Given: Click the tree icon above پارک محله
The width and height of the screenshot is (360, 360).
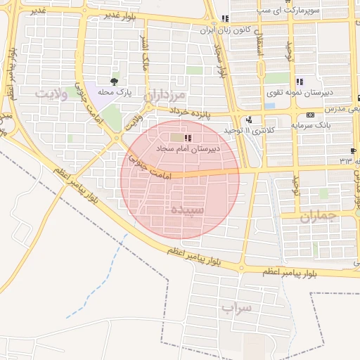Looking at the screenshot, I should coord(115,82).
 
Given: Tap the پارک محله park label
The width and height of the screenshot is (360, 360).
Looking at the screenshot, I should coord(115,92).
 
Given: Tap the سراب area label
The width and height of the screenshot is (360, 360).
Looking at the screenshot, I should coord(236,308).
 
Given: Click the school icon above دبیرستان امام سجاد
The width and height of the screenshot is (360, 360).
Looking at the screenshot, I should coord(187,139).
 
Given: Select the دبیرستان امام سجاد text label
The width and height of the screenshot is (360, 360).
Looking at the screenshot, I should coord(188,149).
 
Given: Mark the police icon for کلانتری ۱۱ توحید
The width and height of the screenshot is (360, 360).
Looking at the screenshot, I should coord(250,120).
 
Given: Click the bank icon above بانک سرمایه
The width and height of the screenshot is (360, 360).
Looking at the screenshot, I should coord(310,115).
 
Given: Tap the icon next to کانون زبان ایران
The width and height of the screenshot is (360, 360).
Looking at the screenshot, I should coord(224,19).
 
